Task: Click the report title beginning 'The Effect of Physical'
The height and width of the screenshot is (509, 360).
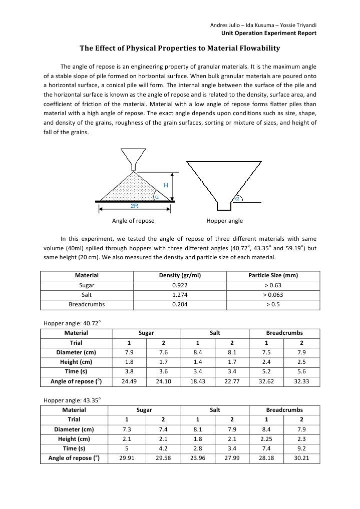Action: click(x=180, y=49)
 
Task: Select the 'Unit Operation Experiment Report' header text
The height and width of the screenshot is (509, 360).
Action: click(x=269, y=33)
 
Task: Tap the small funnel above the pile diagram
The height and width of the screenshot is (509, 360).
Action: click(x=134, y=159)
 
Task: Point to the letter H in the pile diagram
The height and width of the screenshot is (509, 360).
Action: click(x=166, y=185)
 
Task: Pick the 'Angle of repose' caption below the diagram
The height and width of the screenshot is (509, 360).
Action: click(x=133, y=221)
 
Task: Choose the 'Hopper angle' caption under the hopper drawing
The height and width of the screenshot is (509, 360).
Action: click(x=224, y=221)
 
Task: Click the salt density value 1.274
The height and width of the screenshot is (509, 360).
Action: click(x=173, y=294)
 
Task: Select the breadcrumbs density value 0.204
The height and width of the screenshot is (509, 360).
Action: click(x=173, y=304)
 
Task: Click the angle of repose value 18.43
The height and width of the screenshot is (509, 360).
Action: click(x=197, y=381)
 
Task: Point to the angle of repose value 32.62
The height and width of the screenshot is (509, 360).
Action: click(x=266, y=381)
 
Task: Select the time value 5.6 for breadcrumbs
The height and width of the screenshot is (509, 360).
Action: click(x=300, y=371)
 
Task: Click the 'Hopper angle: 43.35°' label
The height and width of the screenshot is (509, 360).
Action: click(x=72, y=400)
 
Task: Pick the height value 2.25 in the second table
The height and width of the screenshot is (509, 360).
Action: click(x=266, y=439)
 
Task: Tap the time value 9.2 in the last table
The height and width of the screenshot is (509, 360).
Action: click(x=300, y=448)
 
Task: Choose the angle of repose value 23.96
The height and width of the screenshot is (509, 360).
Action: click(x=197, y=458)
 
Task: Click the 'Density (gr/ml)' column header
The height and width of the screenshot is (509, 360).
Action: click(x=173, y=275)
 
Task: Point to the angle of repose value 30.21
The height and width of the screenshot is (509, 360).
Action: click(x=300, y=458)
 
